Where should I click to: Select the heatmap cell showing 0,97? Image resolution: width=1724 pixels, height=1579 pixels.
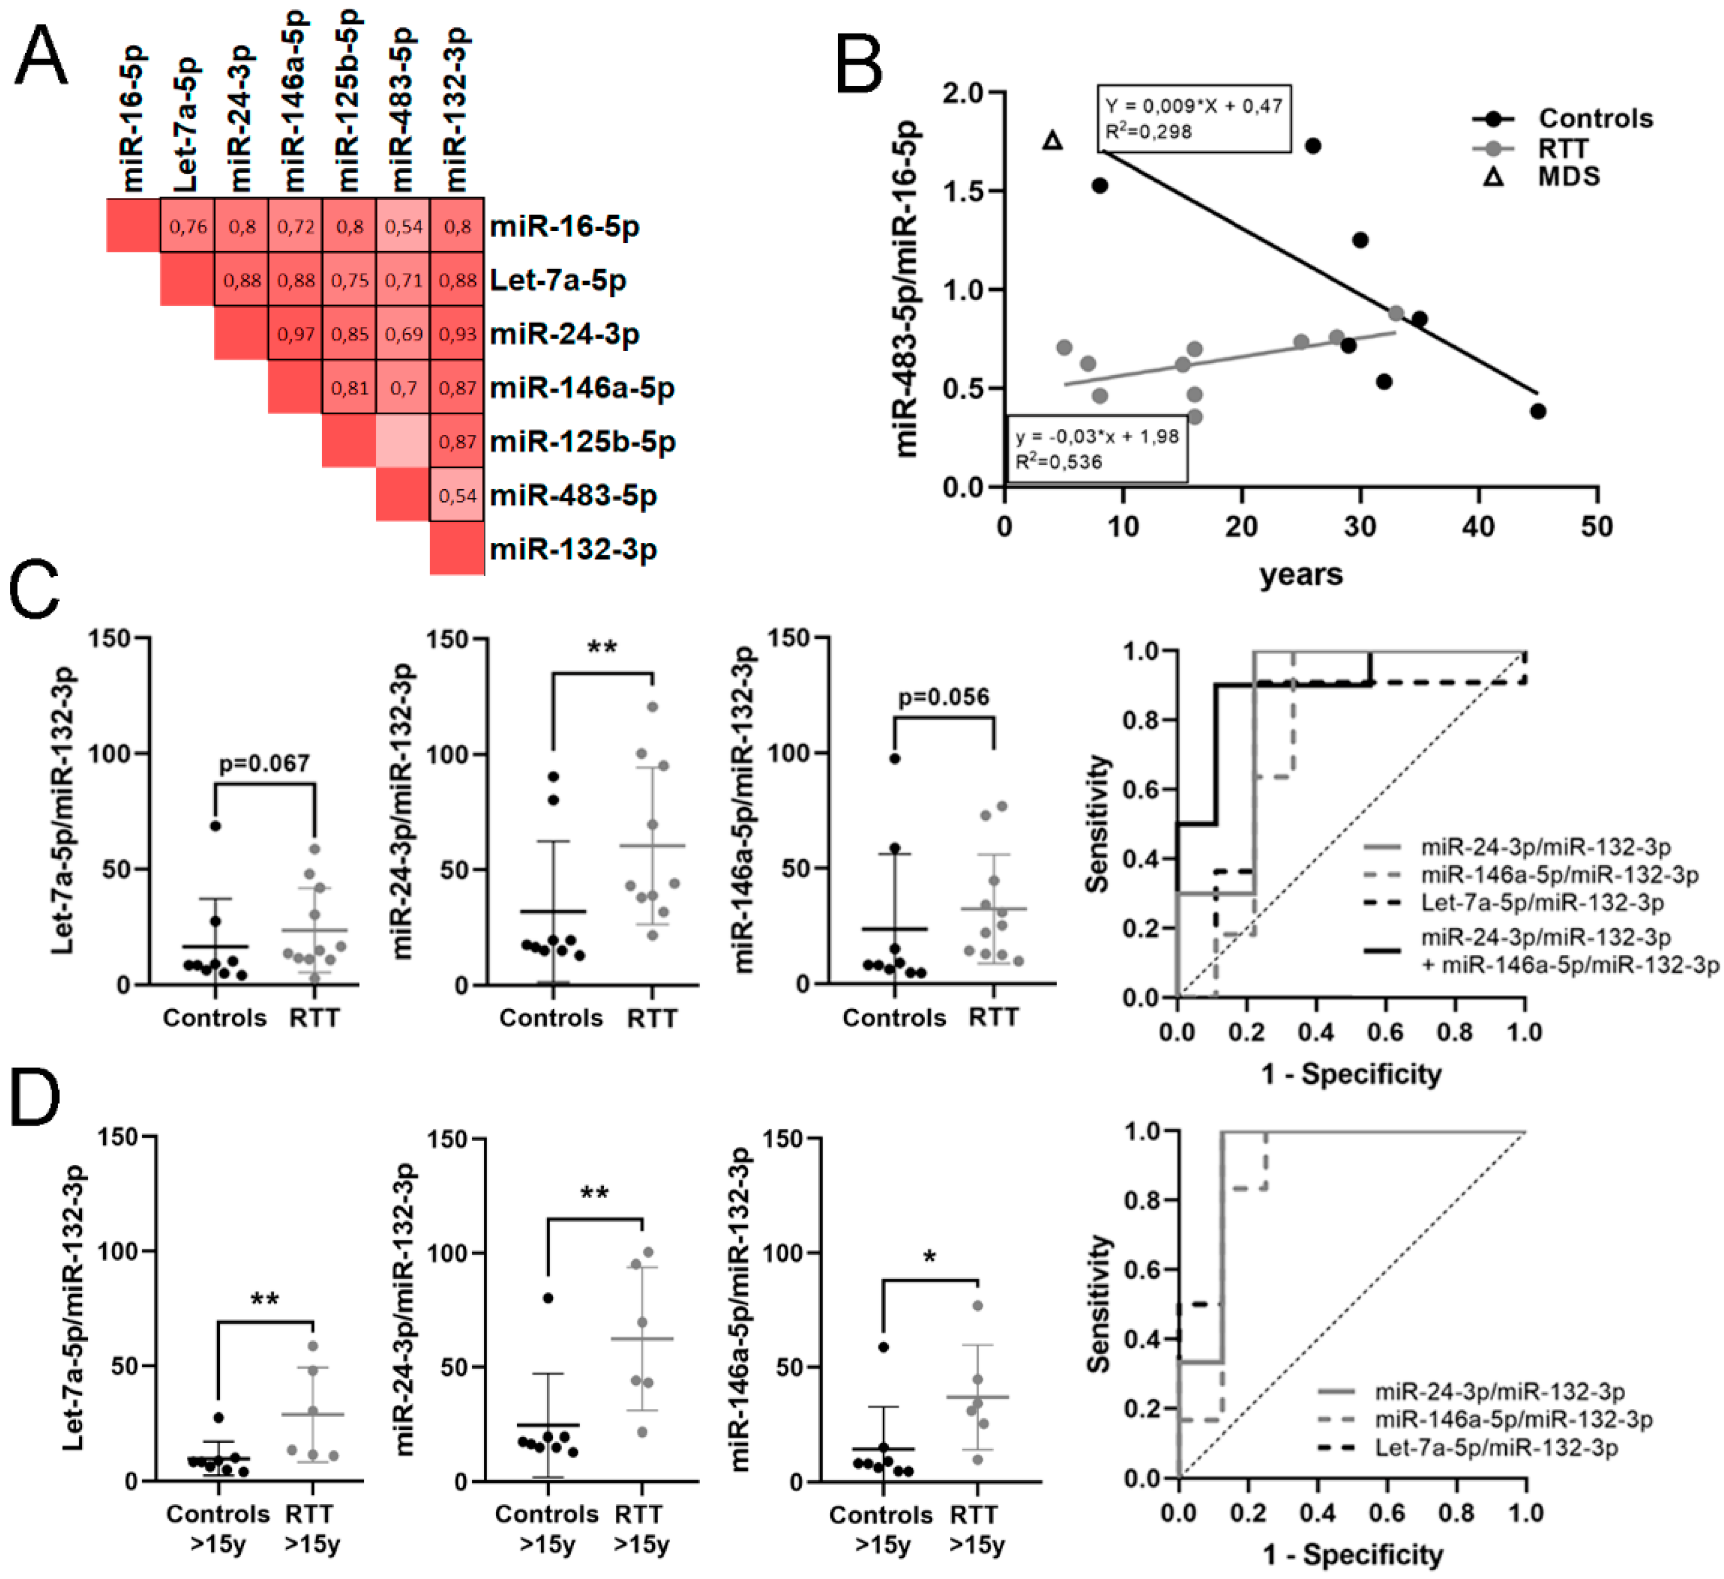296,333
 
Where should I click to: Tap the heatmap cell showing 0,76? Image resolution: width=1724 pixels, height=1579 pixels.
187,226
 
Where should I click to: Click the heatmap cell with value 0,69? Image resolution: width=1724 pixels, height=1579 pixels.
403,333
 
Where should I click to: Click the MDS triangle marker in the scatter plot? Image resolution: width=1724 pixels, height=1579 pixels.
1053,140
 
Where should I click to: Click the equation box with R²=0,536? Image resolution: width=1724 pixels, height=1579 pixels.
1097,449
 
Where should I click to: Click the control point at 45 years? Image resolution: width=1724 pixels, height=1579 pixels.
1538,411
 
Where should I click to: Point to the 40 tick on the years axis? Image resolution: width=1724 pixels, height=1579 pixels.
1479,527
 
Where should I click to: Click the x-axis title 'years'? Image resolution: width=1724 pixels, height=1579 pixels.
1300,574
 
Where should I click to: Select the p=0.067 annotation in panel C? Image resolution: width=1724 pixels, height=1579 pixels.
264,763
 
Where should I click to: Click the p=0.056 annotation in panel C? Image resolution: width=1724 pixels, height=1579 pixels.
943,697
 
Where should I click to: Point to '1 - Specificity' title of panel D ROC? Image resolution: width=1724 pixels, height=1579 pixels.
1352,1553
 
